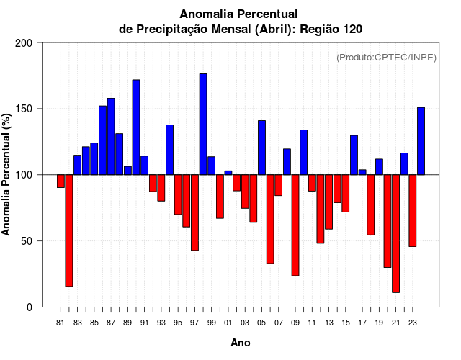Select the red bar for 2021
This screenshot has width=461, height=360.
pyautogui.click(x=395, y=233)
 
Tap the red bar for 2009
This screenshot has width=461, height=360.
pyautogui.click(x=295, y=225)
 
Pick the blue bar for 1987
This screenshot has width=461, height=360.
pyautogui.click(x=111, y=136)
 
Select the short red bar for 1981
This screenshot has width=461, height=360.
pyautogui.click(x=61, y=181)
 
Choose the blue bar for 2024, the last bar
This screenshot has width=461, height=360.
pyautogui.click(x=421, y=140)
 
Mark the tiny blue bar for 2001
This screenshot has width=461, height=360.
pyautogui.click(x=228, y=172)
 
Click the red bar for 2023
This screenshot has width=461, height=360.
pyautogui.click(x=413, y=210)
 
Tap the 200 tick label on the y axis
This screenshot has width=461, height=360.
pyautogui.click(x=24, y=43)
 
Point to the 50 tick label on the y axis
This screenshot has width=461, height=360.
pyautogui.click(x=27, y=241)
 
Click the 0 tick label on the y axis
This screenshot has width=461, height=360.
pyautogui.click(x=30, y=307)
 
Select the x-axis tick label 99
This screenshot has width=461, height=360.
pyautogui.click(x=211, y=323)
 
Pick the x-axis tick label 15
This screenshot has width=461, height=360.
pyautogui.click(x=346, y=323)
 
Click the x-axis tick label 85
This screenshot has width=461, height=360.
pyautogui.click(x=94, y=323)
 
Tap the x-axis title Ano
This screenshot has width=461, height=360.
pyautogui.click(x=241, y=343)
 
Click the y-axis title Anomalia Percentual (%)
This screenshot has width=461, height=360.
pyautogui.click(x=7, y=175)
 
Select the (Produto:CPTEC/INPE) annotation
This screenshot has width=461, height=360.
pyautogui.click(x=386, y=58)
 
